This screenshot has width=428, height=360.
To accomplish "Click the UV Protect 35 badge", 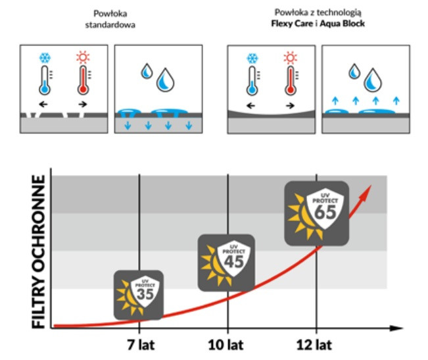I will tap(139, 294).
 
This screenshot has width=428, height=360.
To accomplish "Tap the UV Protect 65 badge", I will tap(316, 213).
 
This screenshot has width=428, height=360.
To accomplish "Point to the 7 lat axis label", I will tap(139, 344).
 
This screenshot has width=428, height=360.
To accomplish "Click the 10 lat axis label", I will tap(227, 344).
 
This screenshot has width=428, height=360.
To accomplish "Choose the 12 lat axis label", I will tap(316, 344).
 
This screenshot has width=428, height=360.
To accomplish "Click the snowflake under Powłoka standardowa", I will tap(45, 57).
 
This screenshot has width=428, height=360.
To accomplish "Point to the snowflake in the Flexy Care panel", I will tap(250, 57).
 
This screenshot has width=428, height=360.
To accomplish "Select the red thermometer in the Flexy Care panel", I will tap(290, 82).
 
